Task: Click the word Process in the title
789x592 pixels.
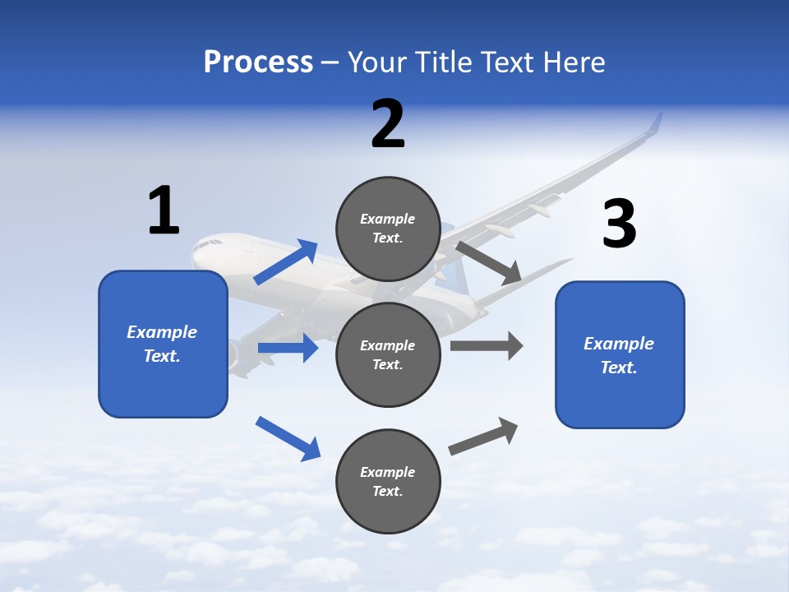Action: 258,62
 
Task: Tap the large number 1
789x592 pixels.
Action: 164,210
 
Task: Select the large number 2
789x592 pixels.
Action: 388,124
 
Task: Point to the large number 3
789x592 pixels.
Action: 619,224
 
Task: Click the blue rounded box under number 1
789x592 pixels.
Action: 163,344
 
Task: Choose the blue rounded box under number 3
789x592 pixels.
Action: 620,354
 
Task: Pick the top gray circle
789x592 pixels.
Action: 388,229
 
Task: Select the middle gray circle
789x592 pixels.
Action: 388,354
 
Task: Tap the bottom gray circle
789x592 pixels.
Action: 388,481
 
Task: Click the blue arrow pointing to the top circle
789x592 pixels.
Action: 286,262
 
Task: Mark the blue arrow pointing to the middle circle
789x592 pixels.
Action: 288,348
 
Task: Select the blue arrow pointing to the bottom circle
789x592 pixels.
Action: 288,438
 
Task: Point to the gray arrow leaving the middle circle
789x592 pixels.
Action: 487,345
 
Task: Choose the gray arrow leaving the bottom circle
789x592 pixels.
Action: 483,437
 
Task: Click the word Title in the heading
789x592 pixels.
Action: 445,62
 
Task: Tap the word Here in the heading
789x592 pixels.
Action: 574,62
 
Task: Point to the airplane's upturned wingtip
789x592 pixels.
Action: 655,123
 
